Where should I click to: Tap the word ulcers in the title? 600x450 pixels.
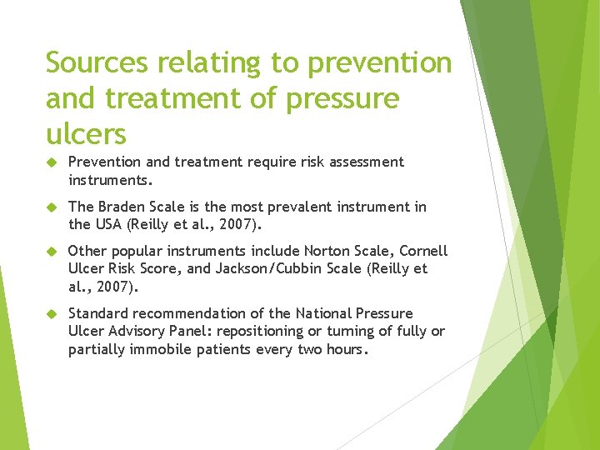click(x=86, y=133)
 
